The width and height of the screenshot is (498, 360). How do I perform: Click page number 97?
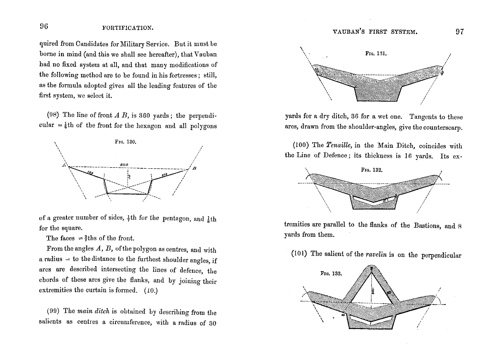[x=459, y=31]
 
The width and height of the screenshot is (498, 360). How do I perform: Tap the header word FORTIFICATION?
[x=127, y=27]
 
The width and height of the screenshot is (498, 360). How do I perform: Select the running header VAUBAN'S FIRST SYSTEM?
[x=374, y=32]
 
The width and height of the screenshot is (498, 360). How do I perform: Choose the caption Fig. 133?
[x=331, y=273]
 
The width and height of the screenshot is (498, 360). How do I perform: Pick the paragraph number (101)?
[x=300, y=254]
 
